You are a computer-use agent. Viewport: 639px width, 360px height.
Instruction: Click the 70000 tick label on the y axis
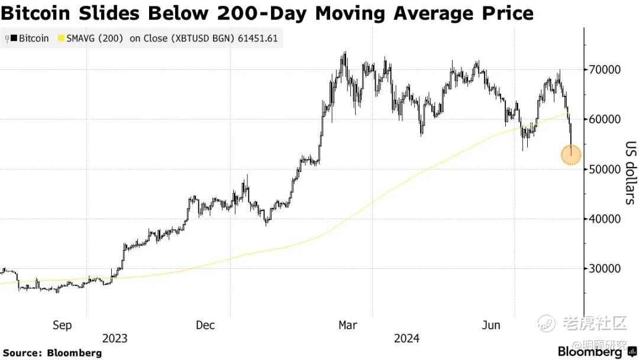coord(605,69)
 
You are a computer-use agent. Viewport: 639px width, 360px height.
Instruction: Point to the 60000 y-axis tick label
coord(605,119)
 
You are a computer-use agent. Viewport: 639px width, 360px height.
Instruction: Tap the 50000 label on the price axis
coord(605,169)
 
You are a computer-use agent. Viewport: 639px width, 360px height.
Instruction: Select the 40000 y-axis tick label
coord(605,218)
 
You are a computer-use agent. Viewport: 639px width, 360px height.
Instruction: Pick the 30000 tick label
coord(605,268)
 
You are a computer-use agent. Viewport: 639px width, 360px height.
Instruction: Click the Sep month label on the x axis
coord(62,325)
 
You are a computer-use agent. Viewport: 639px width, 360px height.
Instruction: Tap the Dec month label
coord(205,325)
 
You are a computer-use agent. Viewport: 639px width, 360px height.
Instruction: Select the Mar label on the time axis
coord(347,325)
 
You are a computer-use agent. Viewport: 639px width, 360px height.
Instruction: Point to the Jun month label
coord(490,325)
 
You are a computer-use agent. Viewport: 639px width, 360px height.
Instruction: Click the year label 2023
coord(115,339)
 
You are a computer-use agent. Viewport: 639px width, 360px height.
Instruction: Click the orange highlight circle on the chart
coord(571,155)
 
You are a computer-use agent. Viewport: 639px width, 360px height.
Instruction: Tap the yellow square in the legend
coord(60,38)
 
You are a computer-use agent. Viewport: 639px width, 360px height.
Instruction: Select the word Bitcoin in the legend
coord(34,38)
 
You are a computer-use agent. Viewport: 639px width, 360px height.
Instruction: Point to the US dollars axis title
coord(630,172)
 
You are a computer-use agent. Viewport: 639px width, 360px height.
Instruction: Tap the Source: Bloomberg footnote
coord(53,353)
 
